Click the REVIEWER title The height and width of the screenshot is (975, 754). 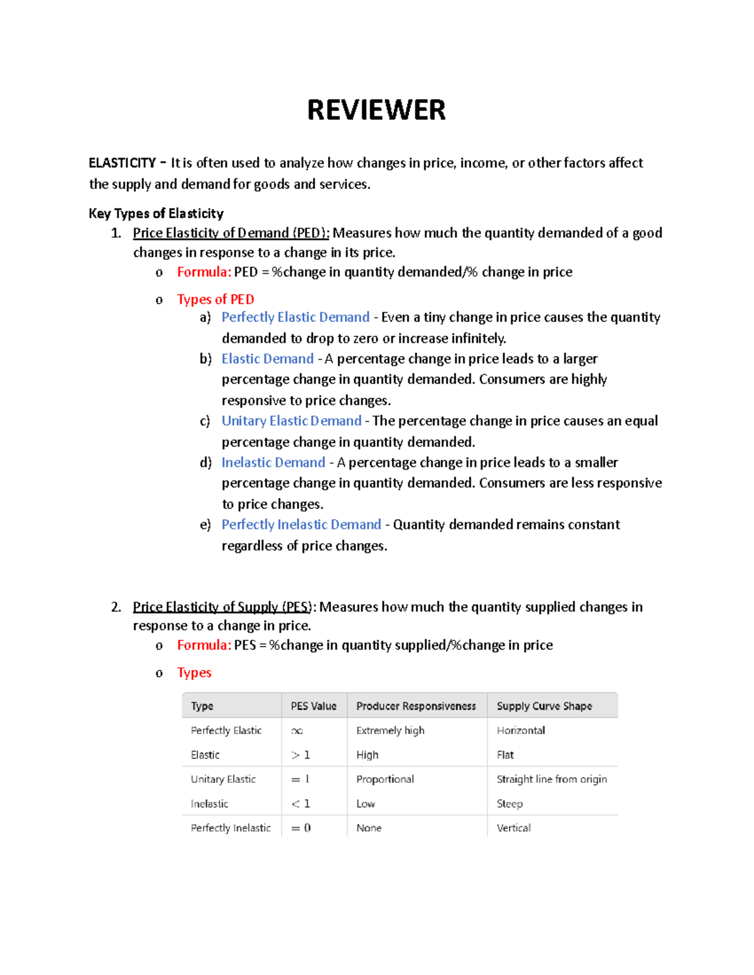pyautogui.click(x=376, y=110)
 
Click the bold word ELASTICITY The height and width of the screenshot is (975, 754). pyautogui.click(x=122, y=163)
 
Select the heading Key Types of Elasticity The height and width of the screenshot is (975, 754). pyautogui.click(x=156, y=213)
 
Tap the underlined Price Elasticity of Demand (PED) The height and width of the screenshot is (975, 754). pyautogui.click(x=231, y=233)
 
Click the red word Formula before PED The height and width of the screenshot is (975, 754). pyautogui.click(x=204, y=272)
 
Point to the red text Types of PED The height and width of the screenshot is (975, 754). pyautogui.click(x=216, y=299)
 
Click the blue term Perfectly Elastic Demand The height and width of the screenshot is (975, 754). pyautogui.click(x=295, y=317)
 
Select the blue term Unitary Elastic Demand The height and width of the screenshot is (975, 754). pyautogui.click(x=292, y=421)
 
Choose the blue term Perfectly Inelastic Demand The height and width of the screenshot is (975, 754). pyautogui.click(x=301, y=524)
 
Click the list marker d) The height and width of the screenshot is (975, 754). pyautogui.click(x=205, y=463)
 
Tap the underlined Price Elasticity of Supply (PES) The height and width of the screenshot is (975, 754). pyautogui.click(x=222, y=606)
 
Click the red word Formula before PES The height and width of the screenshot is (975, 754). pyautogui.click(x=204, y=645)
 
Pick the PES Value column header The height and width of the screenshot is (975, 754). pyautogui.click(x=314, y=706)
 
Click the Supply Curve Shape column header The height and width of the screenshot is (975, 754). pyautogui.click(x=544, y=706)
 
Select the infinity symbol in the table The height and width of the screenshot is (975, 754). pyautogui.click(x=297, y=731)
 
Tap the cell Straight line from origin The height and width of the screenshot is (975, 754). pyautogui.click(x=552, y=779)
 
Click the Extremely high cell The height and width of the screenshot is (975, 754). pyautogui.click(x=390, y=730)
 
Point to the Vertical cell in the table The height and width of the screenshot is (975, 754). pyautogui.click(x=513, y=827)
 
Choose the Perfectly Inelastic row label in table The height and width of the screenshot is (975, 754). pyautogui.click(x=231, y=827)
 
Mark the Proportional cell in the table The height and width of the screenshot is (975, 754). pyautogui.click(x=385, y=779)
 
